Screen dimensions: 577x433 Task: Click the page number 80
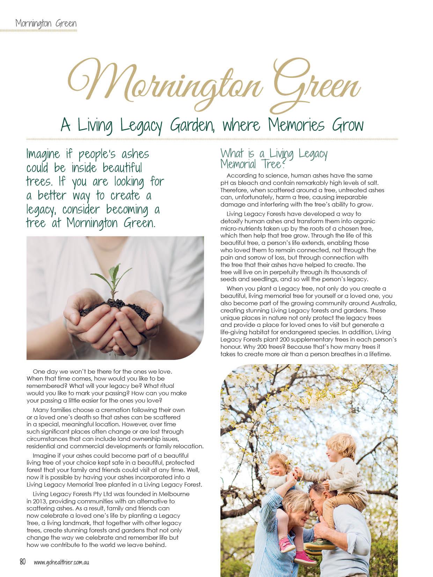click(23, 562)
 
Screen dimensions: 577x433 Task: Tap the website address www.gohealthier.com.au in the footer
click(61, 562)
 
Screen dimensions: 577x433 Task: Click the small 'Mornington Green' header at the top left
click(46, 24)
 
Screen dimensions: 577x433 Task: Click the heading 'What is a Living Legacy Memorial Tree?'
click(274, 158)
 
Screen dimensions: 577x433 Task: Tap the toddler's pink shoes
click(286, 544)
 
